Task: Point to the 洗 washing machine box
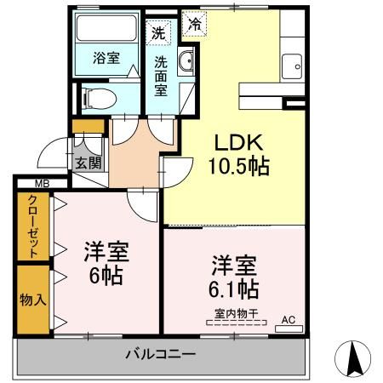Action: (x=157, y=34)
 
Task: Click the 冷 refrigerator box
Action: (x=196, y=25)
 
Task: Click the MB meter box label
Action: (x=41, y=183)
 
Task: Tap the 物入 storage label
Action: (x=31, y=299)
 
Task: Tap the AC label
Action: (x=287, y=320)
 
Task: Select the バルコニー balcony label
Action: (x=160, y=353)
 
